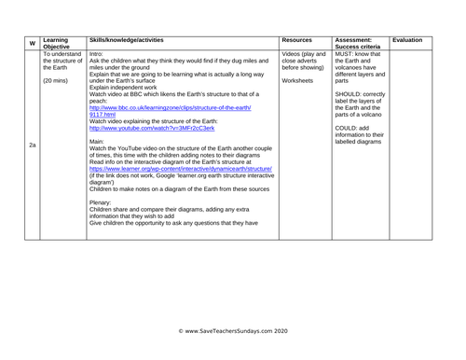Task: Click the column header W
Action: click(33, 43)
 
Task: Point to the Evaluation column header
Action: click(408, 39)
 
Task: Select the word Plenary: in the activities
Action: click(103, 202)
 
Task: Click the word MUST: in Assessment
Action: click(346, 53)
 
